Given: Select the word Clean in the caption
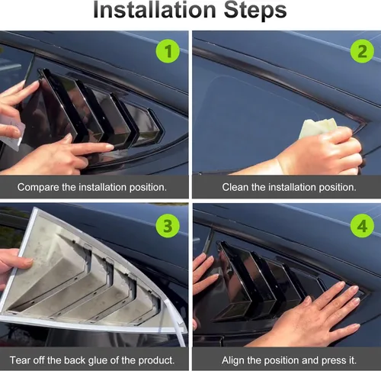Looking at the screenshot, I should coord(236,186).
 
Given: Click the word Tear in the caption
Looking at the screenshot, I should coord(21,358).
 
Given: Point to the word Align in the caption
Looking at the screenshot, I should coord(235,358).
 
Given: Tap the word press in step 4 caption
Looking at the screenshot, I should coord(328,358).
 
